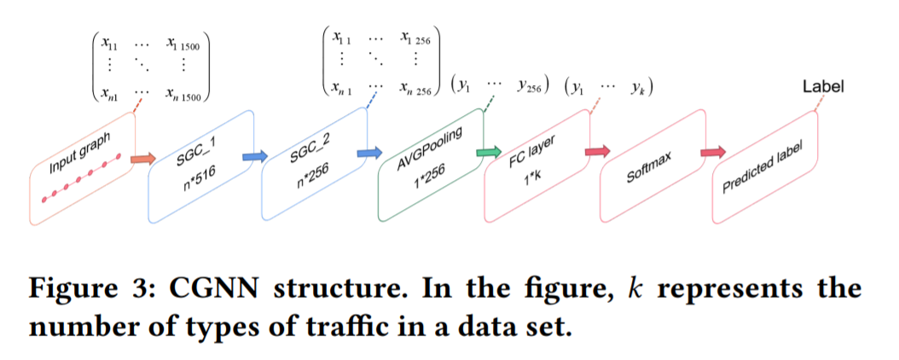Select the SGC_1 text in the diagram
[195, 157]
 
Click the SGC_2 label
[308, 154]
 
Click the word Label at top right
[823, 86]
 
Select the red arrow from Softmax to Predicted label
[713, 152]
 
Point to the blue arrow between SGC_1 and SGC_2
[254, 157]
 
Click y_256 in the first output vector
[531, 86]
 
